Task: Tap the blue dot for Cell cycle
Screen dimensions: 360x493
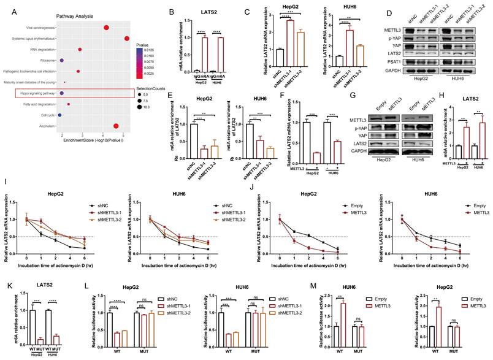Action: pos(59,115)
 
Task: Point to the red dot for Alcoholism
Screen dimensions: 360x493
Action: pos(116,126)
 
